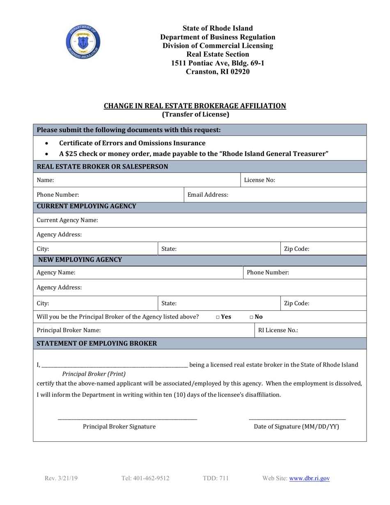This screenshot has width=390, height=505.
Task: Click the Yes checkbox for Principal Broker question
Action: pyautogui.click(x=218, y=317)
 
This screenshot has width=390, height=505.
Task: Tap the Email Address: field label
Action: pyautogui.click(x=208, y=195)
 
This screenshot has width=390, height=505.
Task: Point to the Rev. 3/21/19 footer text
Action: pyautogui.click(x=61, y=478)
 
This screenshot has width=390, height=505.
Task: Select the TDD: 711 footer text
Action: pyautogui.click(x=216, y=478)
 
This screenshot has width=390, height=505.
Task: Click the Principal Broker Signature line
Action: pyautogui.click(x=127, y=418)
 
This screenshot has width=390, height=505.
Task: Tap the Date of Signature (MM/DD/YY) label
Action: pyautogui.click(x=297, y=427)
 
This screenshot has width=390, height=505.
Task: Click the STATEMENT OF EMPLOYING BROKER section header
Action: pyautogui.click(x=97, y=344)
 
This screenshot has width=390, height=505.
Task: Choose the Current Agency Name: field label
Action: pyautogui.click(x=67, y=220)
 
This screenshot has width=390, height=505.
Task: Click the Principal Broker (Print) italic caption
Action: pyautogui.click(x=94, y=374)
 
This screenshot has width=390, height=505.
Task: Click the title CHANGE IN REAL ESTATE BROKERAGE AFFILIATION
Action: pyautogui.click(x=195, y=106)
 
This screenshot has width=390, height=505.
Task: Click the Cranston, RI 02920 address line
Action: pyautogui.click(x=218, y=71)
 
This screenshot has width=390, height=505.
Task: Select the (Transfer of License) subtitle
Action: pyautogui.click(x=195, y=115)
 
